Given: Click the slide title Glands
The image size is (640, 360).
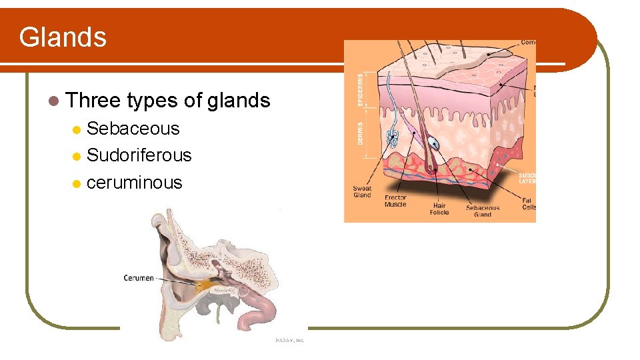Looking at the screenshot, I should [x=63, y=37].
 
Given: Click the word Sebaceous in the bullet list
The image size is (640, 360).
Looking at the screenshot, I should [x=133, y=129].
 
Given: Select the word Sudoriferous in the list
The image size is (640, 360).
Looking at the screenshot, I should [x=139, y=155].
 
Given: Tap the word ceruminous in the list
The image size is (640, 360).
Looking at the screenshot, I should [x=134, y=183].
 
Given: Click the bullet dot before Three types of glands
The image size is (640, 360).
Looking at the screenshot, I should [x=53, y=101].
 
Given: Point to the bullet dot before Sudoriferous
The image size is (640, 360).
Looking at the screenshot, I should [x=77, y=156].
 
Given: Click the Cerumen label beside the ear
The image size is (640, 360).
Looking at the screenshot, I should [x=139, y=278].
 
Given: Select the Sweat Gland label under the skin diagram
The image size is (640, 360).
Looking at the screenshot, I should [x=362, y=192].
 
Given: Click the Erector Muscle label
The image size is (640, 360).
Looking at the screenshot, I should [x=395, y=201].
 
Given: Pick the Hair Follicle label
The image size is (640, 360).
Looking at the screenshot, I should [x=439, y=209].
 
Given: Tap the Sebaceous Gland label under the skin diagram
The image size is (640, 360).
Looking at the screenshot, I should [x=483, y=211].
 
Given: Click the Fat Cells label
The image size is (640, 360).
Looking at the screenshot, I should [x=528, y=203].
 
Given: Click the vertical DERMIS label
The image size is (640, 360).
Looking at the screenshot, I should [x=361, y=136].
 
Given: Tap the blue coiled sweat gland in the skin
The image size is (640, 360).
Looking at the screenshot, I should [x=393, y=138].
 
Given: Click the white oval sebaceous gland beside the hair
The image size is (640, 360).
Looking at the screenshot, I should [x=434, y=143].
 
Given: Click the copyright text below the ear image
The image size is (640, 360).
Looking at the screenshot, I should [x=289, y=340].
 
